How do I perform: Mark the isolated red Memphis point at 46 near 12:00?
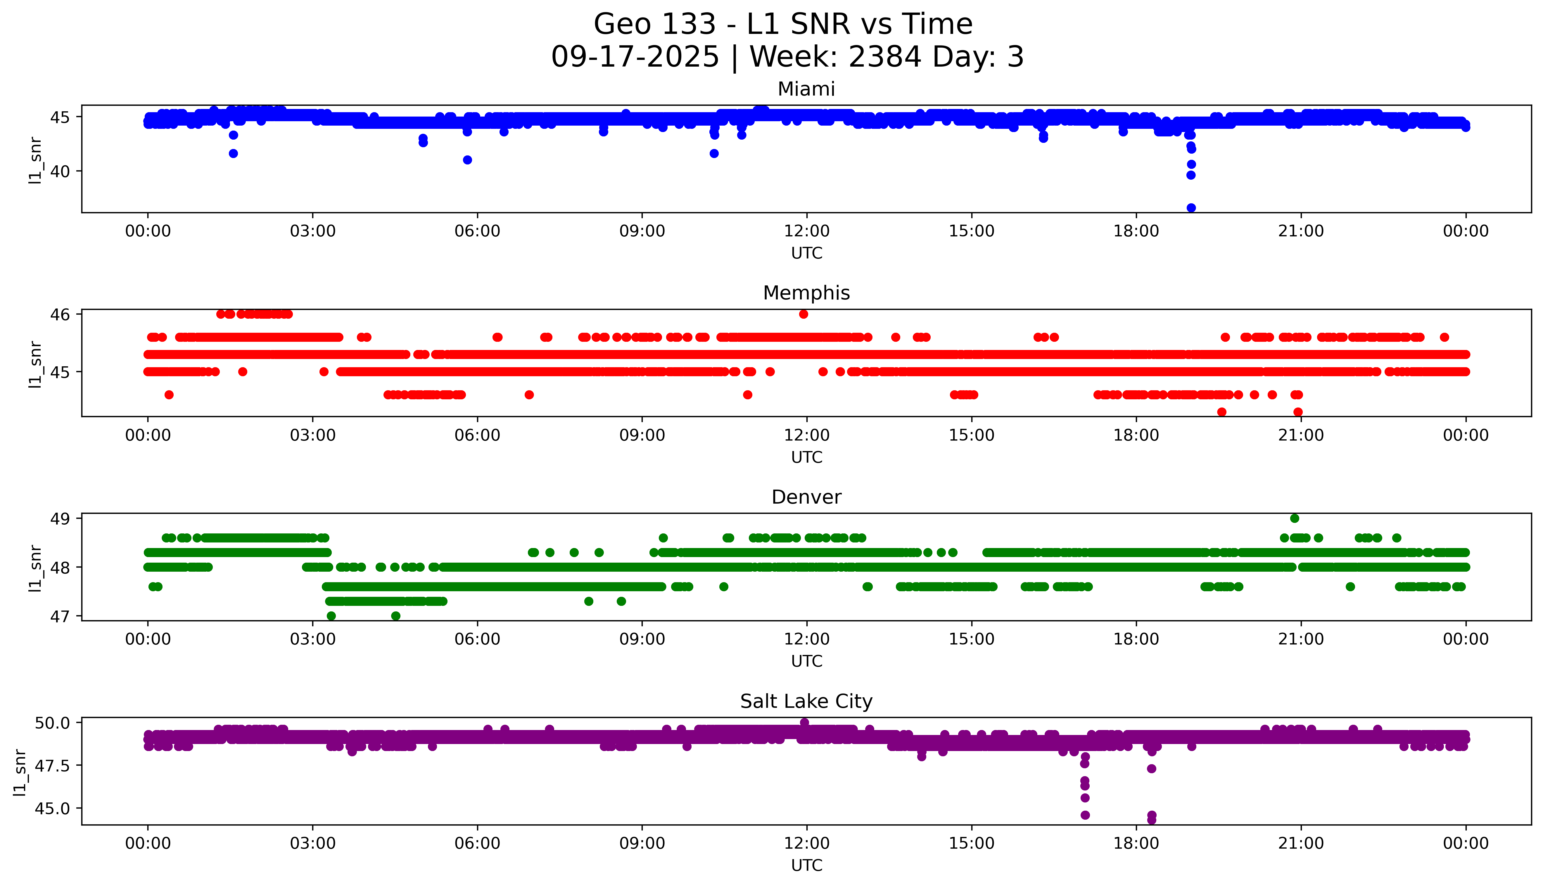[x=804, y=314]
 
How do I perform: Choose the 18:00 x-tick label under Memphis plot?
[x=1136, y=435]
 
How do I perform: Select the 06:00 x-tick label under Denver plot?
[x=477, y=639]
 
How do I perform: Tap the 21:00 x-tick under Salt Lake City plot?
[x=1301, y=843]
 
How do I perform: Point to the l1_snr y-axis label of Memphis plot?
[x=35, y=364]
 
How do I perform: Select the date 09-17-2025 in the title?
[x=635, y=57]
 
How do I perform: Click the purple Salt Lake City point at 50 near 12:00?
[x=804, y=722]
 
